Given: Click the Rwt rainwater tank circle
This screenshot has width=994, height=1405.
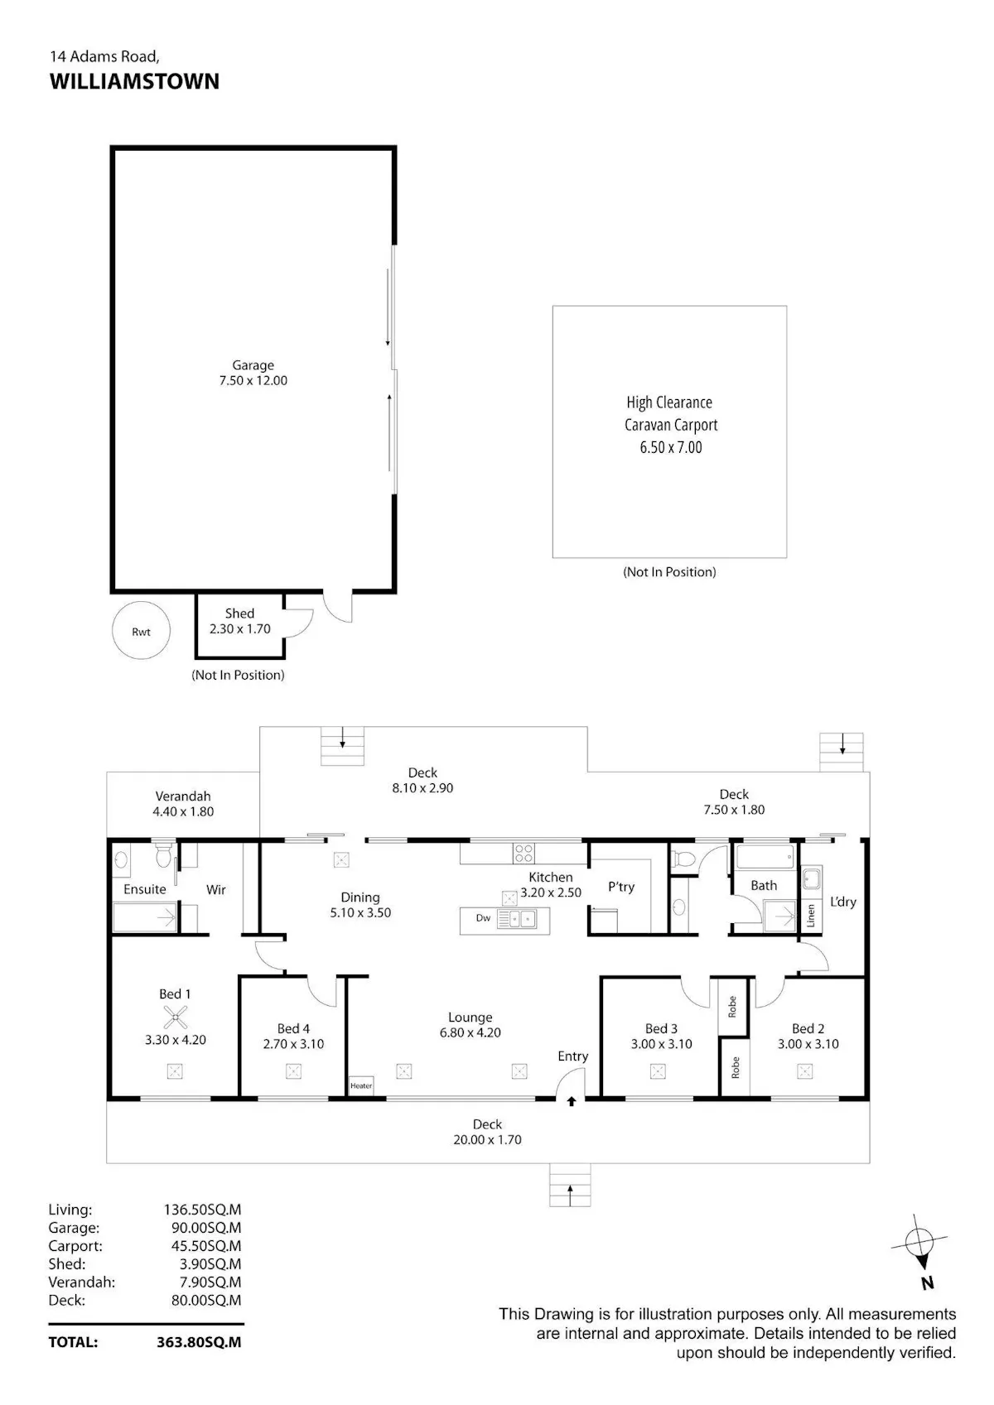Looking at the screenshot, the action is (x=141, y=630).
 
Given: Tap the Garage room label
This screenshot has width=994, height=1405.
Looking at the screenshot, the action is (x=253, y=365).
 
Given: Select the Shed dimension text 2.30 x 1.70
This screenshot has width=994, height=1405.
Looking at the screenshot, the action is (x=239, y=628).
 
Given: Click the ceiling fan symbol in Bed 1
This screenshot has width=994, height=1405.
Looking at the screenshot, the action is (x=175, y=1017).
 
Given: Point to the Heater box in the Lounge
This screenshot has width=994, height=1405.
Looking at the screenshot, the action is (x=361, y=1085).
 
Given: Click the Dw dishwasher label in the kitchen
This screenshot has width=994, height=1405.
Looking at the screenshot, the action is (x=483, y=917).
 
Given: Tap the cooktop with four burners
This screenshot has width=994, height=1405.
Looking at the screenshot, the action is (x=524, y=853).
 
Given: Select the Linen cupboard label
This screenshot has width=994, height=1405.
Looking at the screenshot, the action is (x=811, y=916).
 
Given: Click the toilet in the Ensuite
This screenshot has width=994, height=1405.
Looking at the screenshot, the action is (x=163, y=854).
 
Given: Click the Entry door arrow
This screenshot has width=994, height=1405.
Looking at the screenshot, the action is (x=572, y=1101).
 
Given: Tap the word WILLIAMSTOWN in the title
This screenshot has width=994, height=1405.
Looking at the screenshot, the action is (x=134, y=81).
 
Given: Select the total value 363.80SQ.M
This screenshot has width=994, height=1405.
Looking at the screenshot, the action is (x=199, y=1341).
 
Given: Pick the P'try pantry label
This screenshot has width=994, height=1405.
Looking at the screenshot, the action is (x=621, y=886).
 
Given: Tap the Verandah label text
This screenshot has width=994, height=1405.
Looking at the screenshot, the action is (x=183, y=796).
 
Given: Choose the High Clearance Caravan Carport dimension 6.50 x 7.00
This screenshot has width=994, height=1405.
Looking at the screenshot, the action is (x=670, y=447).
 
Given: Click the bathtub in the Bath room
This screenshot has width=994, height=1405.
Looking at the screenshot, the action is (x=765, y=856).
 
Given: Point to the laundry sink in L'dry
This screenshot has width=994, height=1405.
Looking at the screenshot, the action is (x=812, y=878).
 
